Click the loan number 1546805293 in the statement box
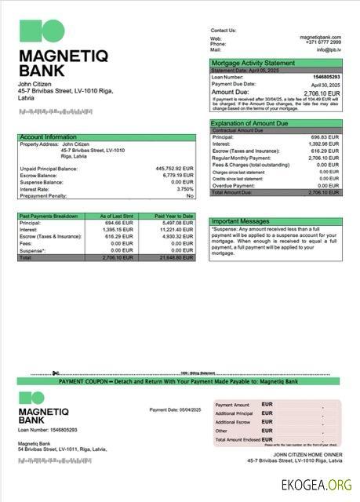pos(326,77)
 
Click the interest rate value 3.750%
pos(184,188)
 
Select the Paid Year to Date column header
pos(173,216)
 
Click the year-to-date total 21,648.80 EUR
pos(174,257)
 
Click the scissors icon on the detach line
pos(56,373)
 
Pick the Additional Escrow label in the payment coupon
pos(234,422)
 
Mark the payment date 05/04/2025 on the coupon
pos(187,410)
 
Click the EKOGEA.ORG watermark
pos(317,485)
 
